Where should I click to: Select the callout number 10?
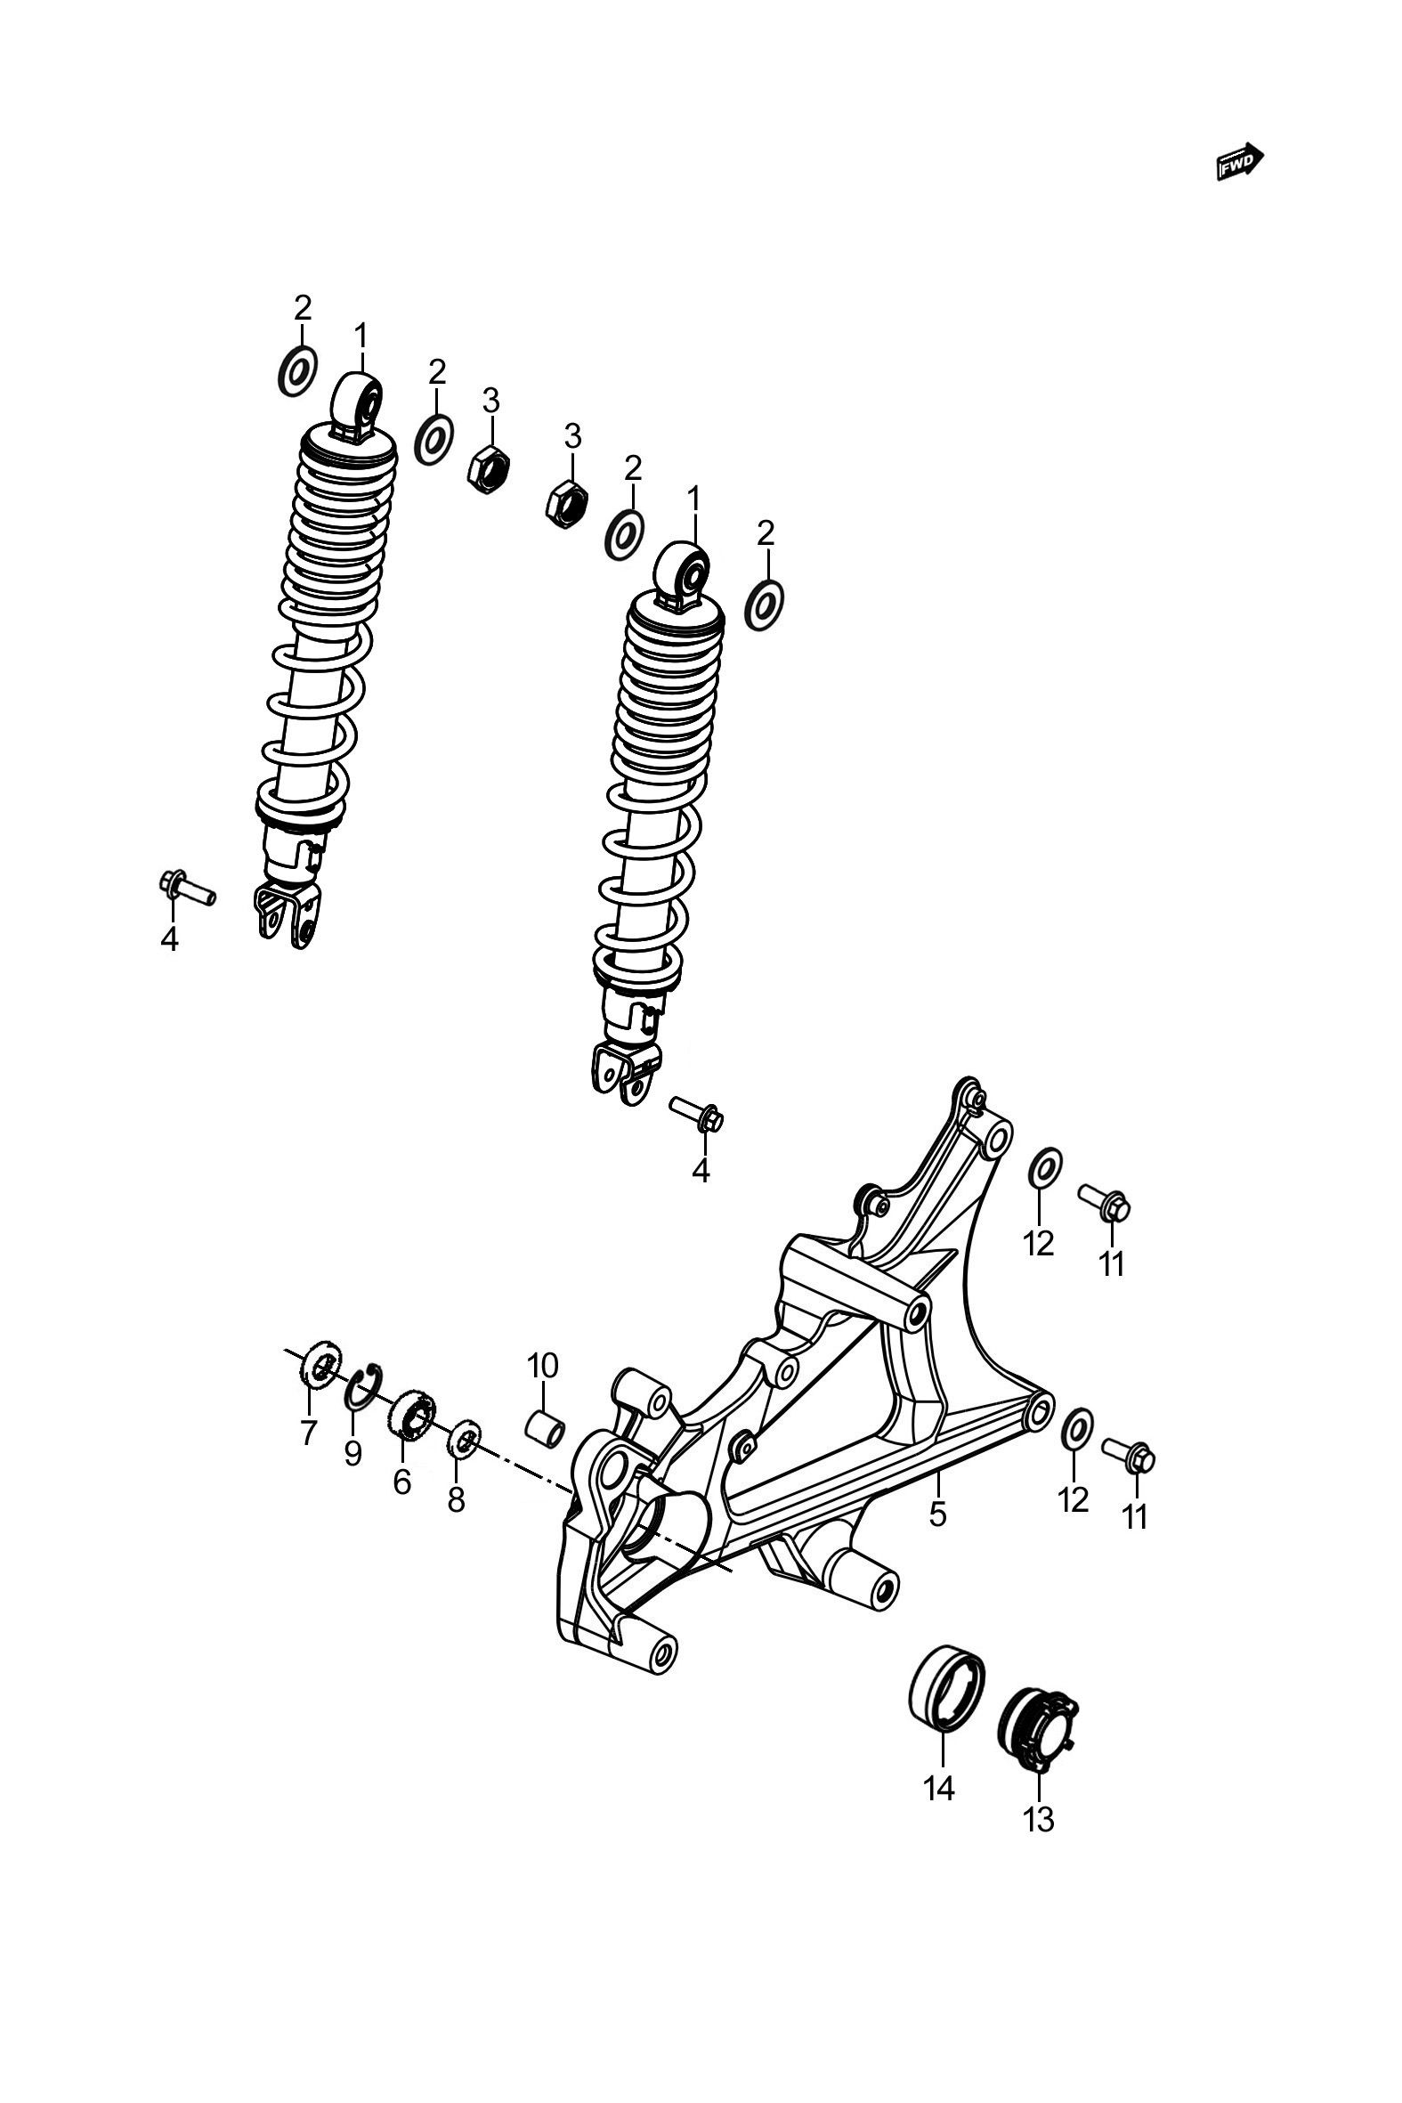(x=542, y=1365)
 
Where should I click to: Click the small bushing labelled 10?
(x=545, y=1428)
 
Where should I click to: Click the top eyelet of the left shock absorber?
(x=358, y=405)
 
